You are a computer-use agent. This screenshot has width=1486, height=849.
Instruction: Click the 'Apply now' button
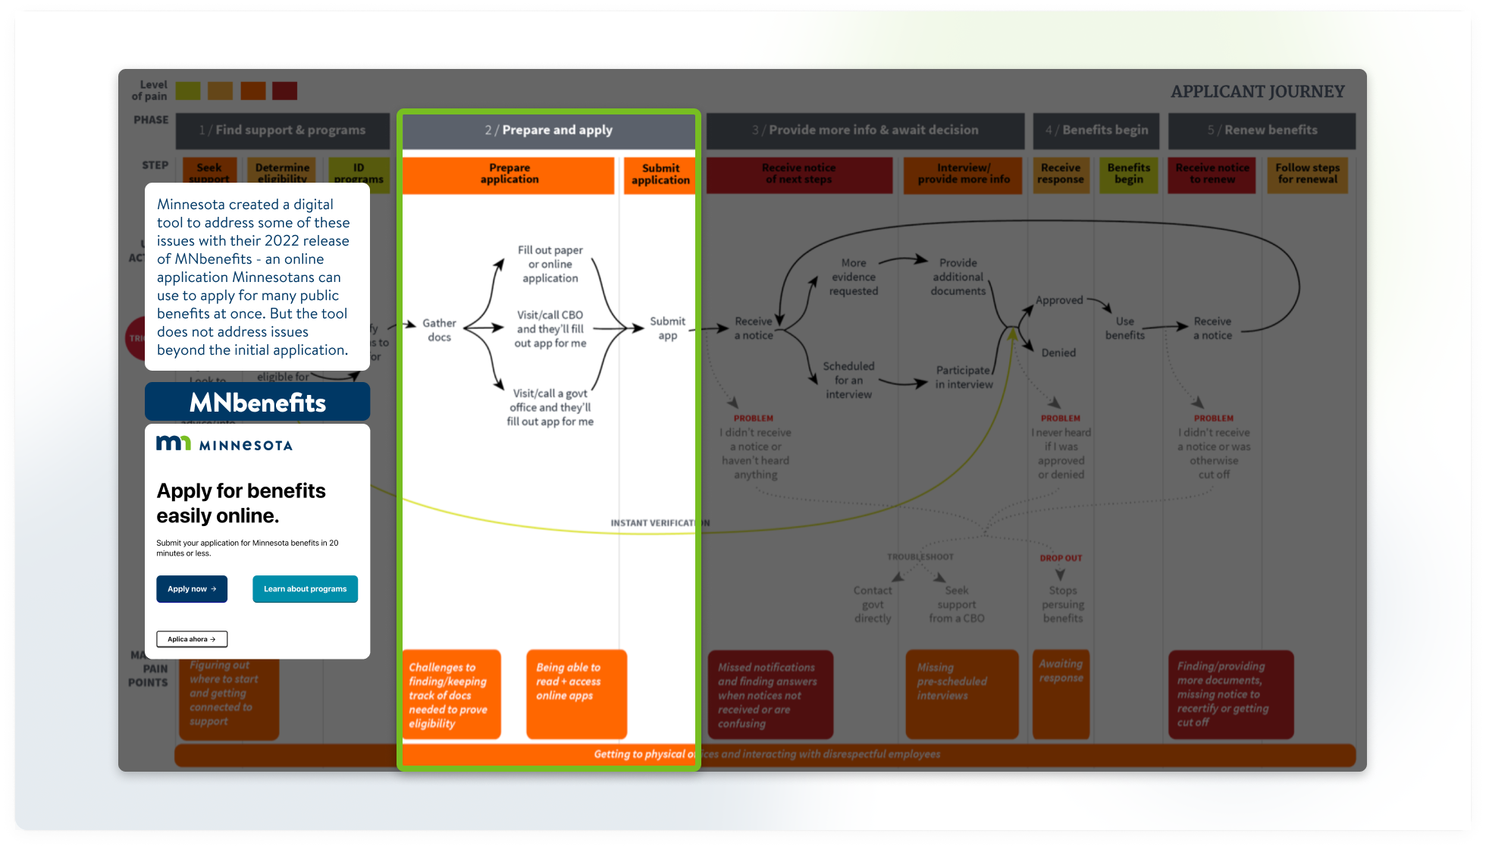pos(192,589)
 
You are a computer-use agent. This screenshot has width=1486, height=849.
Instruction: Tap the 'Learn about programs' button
pos(305,589)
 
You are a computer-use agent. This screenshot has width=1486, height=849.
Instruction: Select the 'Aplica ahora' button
pos(192,639)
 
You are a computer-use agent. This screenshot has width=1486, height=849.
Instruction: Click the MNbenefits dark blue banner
pos(257,402)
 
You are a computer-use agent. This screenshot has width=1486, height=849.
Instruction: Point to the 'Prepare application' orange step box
pos(509,174)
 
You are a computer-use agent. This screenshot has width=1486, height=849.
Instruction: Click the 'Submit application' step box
pos(660,174)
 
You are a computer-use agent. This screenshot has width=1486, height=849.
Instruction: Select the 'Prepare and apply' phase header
pos(548,130)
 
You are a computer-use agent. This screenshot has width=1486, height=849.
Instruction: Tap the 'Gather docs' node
pos(439,330)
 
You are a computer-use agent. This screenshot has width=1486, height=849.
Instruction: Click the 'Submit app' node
pos(667,328)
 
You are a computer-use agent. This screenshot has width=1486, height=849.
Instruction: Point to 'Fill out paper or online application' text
pos(550,264)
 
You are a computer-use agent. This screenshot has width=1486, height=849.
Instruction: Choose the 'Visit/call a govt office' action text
pos(550,407)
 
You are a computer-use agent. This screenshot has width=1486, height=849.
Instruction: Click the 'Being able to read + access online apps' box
pos(576,693)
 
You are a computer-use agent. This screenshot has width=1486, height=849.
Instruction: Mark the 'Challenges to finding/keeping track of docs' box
pos(451,694)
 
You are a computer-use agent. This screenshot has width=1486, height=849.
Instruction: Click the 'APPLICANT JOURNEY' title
pos(1257,92)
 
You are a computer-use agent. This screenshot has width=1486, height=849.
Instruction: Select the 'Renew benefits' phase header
pos(1262,130)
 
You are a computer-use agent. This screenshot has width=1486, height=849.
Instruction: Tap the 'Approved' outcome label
pos(1059,300)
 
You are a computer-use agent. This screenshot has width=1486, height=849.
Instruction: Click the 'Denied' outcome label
pos(1058,352)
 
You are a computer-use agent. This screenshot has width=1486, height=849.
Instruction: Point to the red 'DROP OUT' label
pos(1061,558)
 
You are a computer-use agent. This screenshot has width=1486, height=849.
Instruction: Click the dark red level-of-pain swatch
pos(285,91)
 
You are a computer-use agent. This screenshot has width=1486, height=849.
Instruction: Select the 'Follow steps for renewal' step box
pos(1307,174)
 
